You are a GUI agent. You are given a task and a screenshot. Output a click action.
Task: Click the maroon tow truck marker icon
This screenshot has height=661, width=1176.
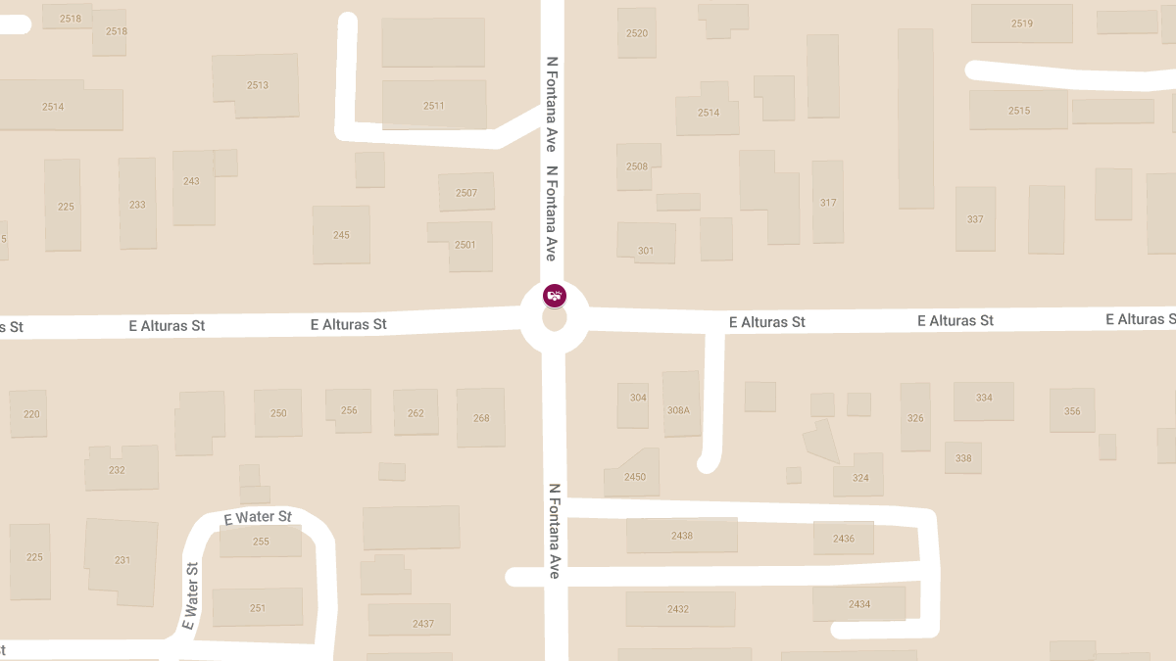pos(555,295)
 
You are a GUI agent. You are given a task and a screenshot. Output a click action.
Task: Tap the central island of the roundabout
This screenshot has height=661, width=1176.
pos(555,319)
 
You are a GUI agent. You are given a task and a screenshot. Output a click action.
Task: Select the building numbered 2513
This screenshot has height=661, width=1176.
pos(257,85)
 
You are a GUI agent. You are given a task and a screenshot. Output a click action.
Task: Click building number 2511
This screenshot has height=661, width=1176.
pos(434,105)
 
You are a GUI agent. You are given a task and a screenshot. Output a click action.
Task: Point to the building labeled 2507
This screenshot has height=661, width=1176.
pos(466,192)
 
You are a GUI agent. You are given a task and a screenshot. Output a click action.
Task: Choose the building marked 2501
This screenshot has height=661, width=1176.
pos(465,244)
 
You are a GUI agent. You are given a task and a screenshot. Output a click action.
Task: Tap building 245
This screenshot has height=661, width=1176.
pos(341,235)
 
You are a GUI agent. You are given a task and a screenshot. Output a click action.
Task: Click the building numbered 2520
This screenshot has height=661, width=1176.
pos(637,33)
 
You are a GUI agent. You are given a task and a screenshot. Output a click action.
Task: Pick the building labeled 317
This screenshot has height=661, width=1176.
pos(828,202)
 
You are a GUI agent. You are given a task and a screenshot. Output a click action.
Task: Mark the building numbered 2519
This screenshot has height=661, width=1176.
pos(1021,24)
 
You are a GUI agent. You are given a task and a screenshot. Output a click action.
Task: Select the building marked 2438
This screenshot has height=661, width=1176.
pos(682,536)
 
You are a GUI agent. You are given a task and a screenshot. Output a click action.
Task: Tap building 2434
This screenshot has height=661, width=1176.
pos(859,603)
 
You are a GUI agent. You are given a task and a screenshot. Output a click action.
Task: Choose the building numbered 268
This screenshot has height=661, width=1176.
pos(481,417)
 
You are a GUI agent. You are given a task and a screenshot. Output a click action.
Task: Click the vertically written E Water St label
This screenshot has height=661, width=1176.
pos(190,595)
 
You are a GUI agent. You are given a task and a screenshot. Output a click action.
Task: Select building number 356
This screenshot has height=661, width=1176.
pos(1072,411)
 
